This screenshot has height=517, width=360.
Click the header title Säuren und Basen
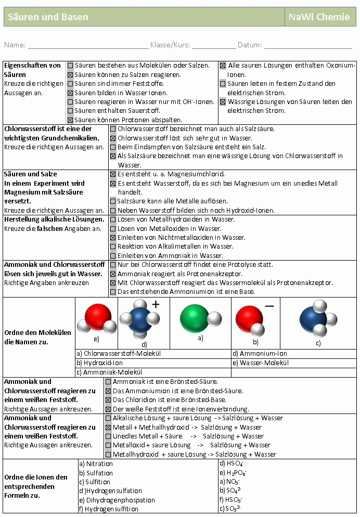click(48, 17)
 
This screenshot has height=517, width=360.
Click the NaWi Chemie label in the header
click(319, 17)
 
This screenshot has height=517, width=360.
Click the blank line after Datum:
click(308, 46)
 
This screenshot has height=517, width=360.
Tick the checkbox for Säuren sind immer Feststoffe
click(70, 84)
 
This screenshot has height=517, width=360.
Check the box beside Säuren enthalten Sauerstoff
click(70, 111)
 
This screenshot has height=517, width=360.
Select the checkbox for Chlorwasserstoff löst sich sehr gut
click(113, 138)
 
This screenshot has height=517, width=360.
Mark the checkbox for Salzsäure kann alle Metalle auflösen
click(113, 201)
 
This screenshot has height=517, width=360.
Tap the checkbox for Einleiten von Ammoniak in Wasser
click(113, 256)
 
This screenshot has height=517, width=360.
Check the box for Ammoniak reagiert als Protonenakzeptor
click(113, 274)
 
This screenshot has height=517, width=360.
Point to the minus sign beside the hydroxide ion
click(269, 306)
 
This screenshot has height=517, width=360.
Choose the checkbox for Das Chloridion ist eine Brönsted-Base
click(108, 400)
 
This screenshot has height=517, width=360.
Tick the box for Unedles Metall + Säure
click(108, 436)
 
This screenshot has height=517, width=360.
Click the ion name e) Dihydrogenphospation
click(117, 500)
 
